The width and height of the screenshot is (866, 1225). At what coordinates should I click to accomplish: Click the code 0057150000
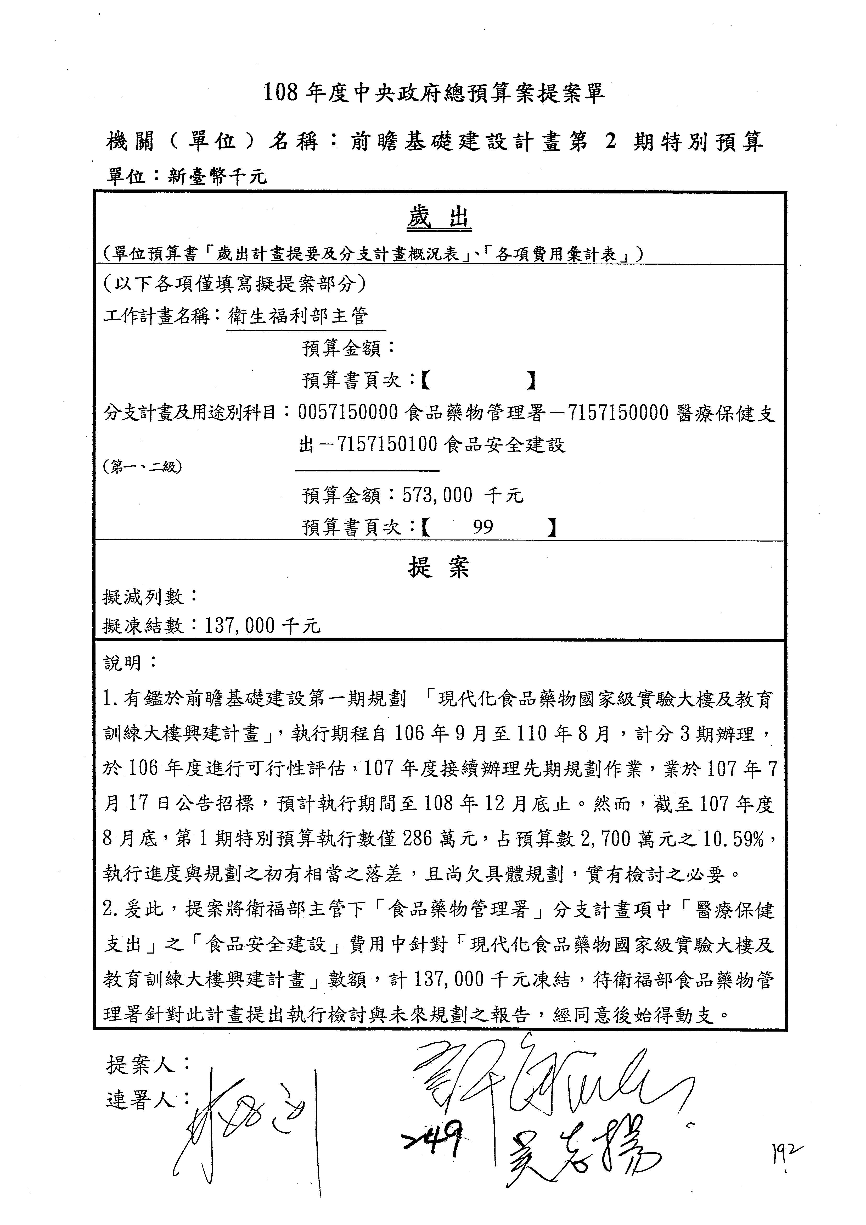[x=348, y=413]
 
